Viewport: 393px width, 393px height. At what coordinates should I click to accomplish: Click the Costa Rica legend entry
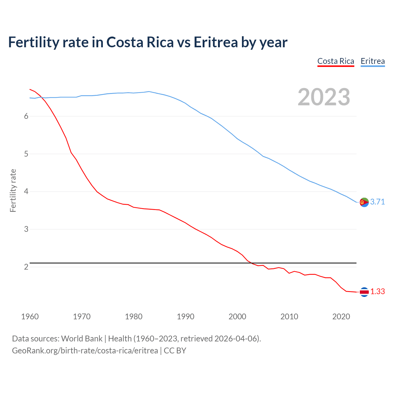pos(336,61)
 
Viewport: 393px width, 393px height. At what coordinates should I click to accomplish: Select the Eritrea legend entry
pos(372,61)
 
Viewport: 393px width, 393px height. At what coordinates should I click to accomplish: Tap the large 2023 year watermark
pos(324,97)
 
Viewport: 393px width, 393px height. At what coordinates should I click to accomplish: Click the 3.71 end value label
pos(377,202)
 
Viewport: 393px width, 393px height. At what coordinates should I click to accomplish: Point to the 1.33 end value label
pos(377,291)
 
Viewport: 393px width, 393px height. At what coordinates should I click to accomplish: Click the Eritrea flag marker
pos(364,202)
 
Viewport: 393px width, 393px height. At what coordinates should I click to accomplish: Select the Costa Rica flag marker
pos(364,292)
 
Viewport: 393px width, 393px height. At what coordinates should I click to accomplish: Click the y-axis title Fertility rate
pos(13,190)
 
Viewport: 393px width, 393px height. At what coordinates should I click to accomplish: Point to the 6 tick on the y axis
pos(26,116)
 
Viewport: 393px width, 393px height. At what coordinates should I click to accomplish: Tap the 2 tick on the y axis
pos(26,267)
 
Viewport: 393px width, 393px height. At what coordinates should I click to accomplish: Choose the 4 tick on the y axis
pos(26,192)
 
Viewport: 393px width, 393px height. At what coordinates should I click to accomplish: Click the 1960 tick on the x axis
pos(30,317)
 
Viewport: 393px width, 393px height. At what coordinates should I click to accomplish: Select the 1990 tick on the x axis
pos(185,317)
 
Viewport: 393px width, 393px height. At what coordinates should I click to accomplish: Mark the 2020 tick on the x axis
pos(341,317)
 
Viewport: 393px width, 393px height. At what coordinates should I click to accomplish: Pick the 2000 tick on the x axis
pos(237,317)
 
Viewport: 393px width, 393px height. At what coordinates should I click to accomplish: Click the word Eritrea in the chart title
pos(216,42)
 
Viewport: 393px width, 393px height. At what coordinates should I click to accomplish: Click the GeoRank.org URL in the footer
pos(85,351)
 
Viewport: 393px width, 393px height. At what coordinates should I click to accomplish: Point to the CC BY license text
pos(175,351)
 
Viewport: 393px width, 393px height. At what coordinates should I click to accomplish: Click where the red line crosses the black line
pos(251,263)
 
